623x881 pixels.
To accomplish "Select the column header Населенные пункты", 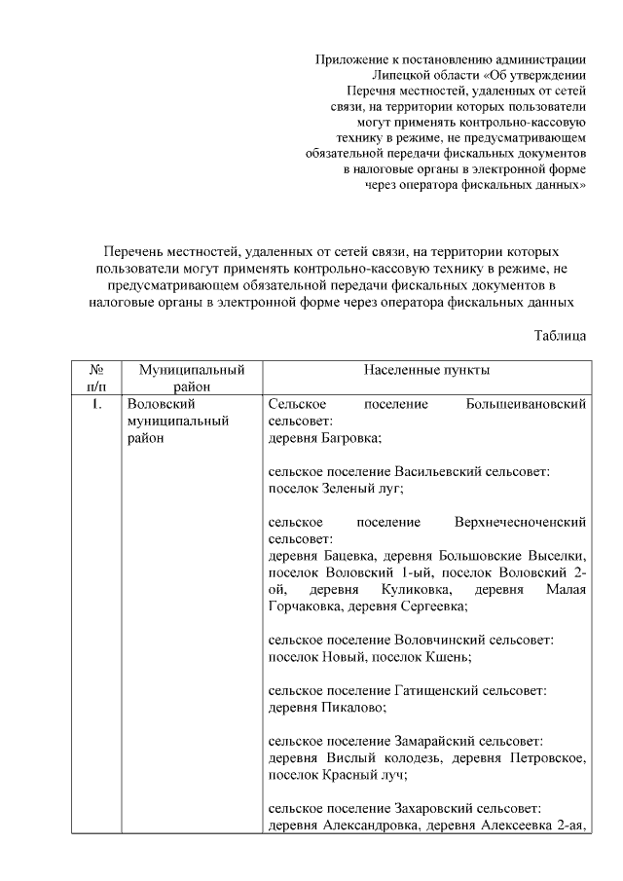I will click(x=426, y=371).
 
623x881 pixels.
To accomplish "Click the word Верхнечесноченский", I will click(x=520, y=522).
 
